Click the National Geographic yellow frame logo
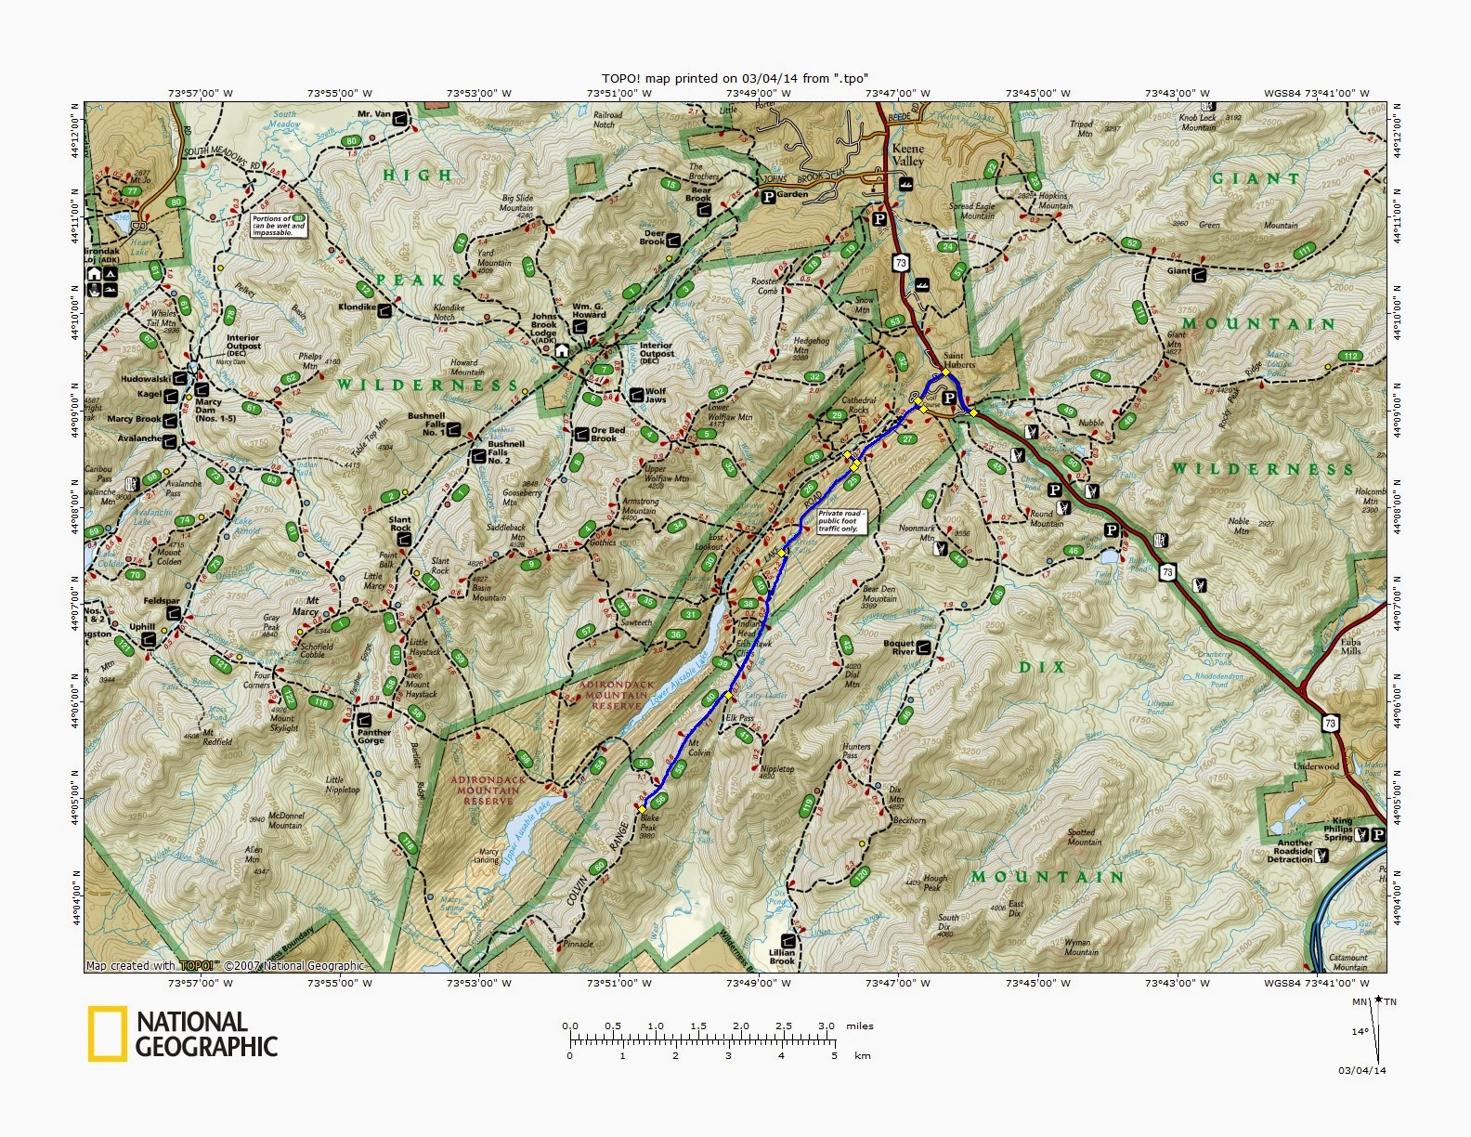(107, 1033)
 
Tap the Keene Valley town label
(907, 154)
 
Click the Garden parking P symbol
(768, 197)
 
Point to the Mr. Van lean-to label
(374, 115)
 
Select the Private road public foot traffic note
(840, 520)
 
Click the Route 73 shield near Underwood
(1331, 723)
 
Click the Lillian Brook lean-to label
(782, 956)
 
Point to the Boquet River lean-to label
(899, 647)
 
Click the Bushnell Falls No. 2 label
(507, 452)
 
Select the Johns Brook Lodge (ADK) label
(544, 325)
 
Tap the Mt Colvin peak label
(698, 747)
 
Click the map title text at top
(735, 78)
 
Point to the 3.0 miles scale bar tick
(827, 1026)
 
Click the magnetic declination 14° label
(1360, 1031)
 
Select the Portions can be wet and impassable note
(278, 225)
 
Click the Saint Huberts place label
(959, 359)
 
